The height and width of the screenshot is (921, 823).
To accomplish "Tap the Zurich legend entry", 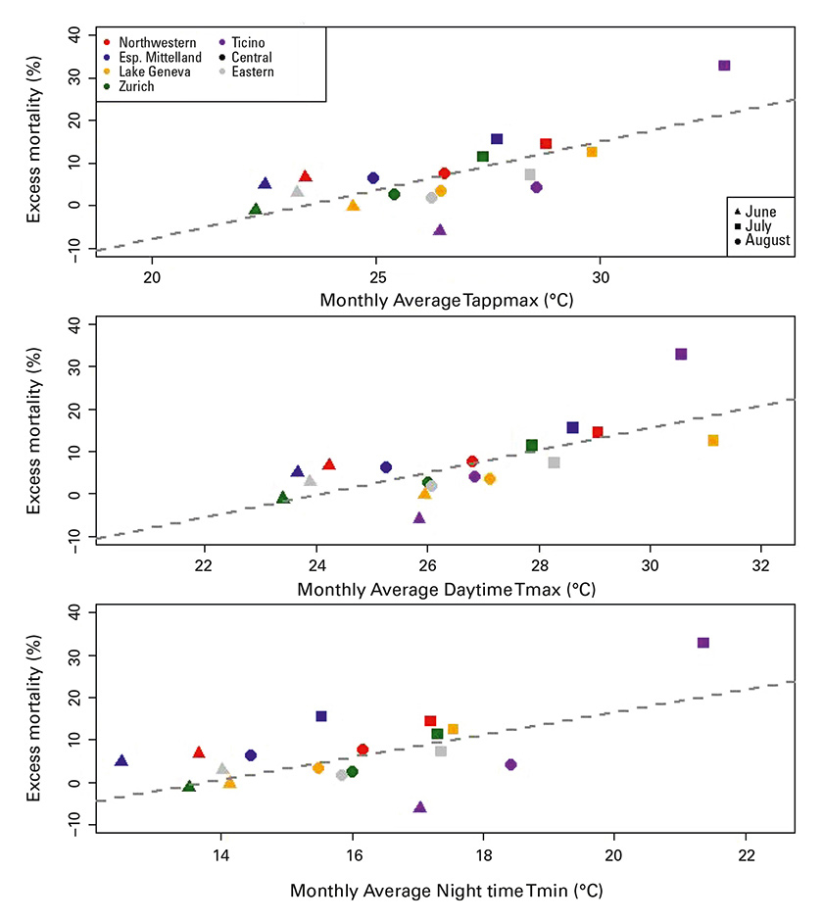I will (137, 86).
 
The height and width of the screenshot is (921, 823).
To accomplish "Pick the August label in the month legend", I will (767, 241).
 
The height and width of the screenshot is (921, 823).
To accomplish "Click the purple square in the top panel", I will (724, 66).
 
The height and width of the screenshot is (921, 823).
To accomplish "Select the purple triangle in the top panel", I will (440, 229).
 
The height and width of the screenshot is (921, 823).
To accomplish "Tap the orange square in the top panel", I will (592, 152).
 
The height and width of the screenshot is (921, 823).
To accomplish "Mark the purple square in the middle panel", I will (681, 354).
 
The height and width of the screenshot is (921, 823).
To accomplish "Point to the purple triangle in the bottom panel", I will (420, 807).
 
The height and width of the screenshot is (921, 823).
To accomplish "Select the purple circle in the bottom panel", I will (510, 764).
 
